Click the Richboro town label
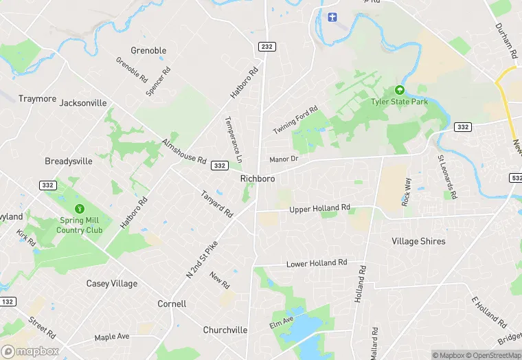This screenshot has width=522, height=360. pyautogui.click(x=258, y=179)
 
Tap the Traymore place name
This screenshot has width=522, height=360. pyautogui.click(x=37, y=99)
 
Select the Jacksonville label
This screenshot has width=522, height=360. pyautogui.click(x=83, y=103)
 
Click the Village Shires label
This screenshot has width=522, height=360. pyautogui.click(x=418, y=242)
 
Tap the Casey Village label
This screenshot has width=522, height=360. pyautogui.click(x=111, y=284)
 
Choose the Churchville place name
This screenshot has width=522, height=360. pyautogui.click(x=225, y=330)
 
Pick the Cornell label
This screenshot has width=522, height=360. pyautogui.click(x=172, y=304)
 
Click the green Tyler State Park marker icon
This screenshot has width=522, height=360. pyautogui.click(x=399, y=90)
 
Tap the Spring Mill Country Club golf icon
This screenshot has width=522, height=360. pyautogui.click(x=80, y=208)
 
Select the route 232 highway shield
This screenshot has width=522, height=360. pyautogui.click(x=266, y=46)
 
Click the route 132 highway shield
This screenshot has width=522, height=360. pyautogui.click(x=8, y=302)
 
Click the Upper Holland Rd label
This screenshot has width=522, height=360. pyautogui.click(x=319, y=208)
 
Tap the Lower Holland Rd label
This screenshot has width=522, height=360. pyautogui.click(x=317, y=263)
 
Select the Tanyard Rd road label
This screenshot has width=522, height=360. pyautogui.click(x=217, y=204)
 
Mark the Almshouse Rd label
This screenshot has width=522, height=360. pyautogui.click(x=184, y=151)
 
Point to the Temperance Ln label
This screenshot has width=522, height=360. pyautogui.click(x=234, y=139)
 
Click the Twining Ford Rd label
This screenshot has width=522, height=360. pyautogui.click(x=295, y=120)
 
